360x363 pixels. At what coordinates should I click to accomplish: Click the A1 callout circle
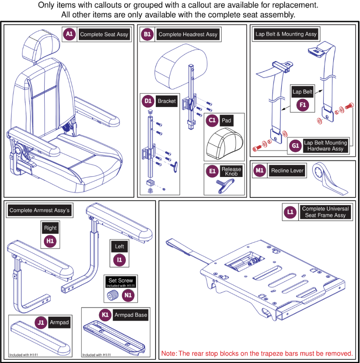69,34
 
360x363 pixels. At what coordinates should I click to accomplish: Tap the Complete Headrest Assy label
187,34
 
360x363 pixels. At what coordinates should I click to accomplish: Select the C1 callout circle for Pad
212,120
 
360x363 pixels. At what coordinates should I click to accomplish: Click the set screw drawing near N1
114,296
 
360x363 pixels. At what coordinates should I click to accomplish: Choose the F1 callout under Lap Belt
302,105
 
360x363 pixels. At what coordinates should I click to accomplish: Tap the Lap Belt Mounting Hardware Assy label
325,146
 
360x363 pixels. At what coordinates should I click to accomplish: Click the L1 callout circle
290,212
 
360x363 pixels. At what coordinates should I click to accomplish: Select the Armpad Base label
130,315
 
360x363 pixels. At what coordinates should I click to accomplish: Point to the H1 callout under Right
50,241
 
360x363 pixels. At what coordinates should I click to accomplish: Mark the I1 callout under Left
119,259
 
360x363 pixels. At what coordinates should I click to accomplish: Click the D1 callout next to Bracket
148,101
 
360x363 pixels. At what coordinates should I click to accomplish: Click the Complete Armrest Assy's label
39,210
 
